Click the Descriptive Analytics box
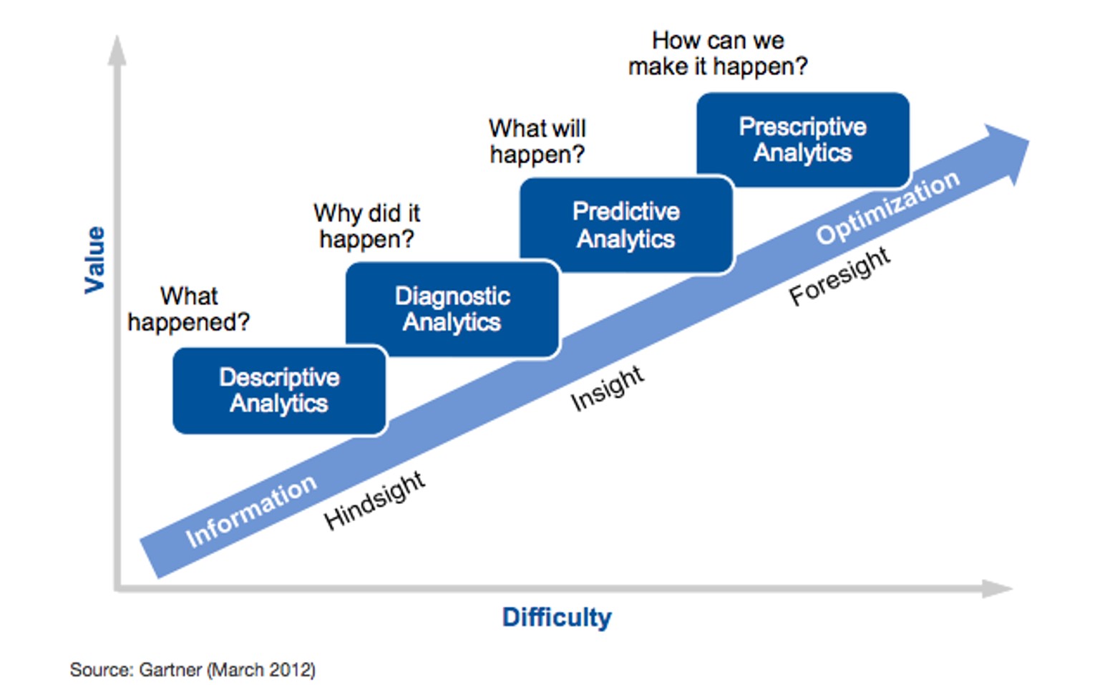coord(279,390)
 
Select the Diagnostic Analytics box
coord(452,309)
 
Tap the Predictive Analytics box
coord(626,225)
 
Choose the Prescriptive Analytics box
coord(802,140)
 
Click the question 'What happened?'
coord(188,309)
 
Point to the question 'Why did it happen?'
coord(366,225)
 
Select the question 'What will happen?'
coord(537,141)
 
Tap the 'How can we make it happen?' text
coord(717,53)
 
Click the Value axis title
coord(95,259)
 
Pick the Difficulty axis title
coord(557,617)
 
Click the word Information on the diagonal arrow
coord(250,510)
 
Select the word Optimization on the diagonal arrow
coord(887,207)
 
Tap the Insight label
coord(607,388)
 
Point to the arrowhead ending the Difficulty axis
coord(996,588)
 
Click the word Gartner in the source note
coord(170,670)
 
